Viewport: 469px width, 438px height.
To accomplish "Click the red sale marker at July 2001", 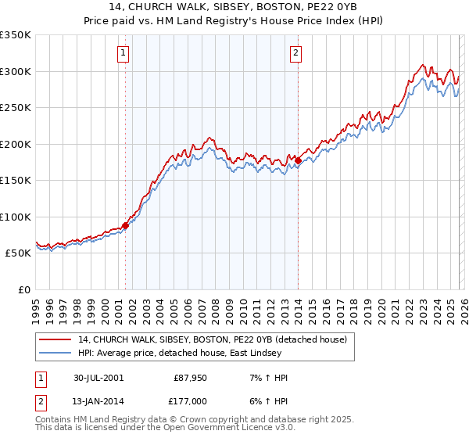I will pyautogui.click(x=126, y=225).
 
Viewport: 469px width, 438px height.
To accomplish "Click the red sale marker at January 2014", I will pyautogui.click(x=298, y=161).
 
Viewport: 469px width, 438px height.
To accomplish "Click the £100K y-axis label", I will pyautogui.click(x=16, y=217).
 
